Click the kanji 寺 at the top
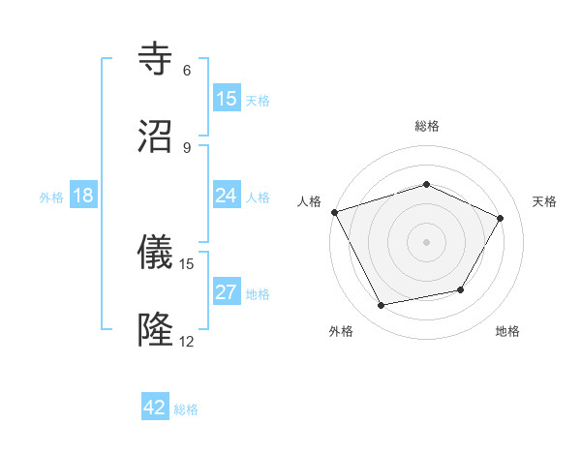(x=157, y=60)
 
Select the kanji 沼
(x=157, y=136)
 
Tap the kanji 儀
(x=157, y=253)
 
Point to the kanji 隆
(x=157, y=330)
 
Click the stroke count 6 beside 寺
(x=187, y=71)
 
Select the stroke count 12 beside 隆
(x=187, y=341)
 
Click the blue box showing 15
(x=226, y=99)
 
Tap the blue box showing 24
(x=226, y=196)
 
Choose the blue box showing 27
(x=226, y=292)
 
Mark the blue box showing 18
(x=83, y=196)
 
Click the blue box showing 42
(x=154, y=408)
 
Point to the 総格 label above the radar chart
(x=427, y=126)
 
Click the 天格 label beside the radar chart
(x=545, y=201)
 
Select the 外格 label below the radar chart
(x=341, y=331)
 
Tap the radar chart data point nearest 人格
(x=334, y=212)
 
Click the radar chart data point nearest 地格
(x=461, y=289)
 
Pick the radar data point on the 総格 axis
(x=427, y=184)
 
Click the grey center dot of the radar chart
(x=427, y=241)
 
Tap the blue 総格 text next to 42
(x=186, y=409)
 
